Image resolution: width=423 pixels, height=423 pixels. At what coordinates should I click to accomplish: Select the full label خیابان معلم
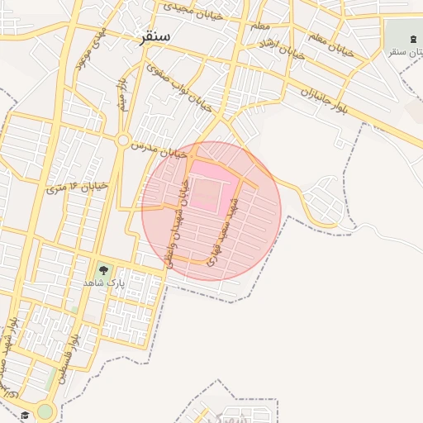330,45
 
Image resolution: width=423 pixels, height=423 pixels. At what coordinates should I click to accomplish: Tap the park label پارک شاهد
102,283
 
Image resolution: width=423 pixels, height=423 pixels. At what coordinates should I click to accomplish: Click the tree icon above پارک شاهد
102,269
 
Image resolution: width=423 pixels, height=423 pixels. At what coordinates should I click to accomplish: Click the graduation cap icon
25,414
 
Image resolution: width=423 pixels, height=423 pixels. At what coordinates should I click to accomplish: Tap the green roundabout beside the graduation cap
45,411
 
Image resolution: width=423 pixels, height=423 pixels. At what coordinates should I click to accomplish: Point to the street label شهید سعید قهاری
223,234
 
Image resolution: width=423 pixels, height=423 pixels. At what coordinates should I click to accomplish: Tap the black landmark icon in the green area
414,40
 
